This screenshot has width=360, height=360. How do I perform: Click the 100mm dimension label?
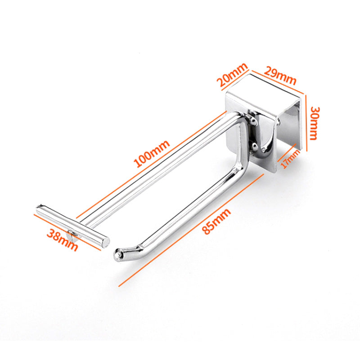152,153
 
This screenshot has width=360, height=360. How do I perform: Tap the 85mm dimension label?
216,221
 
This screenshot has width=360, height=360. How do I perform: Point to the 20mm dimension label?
233,74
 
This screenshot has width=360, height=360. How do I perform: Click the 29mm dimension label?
280,76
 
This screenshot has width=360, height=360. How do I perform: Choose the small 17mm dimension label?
290,159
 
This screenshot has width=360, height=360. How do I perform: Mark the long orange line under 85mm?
191,230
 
